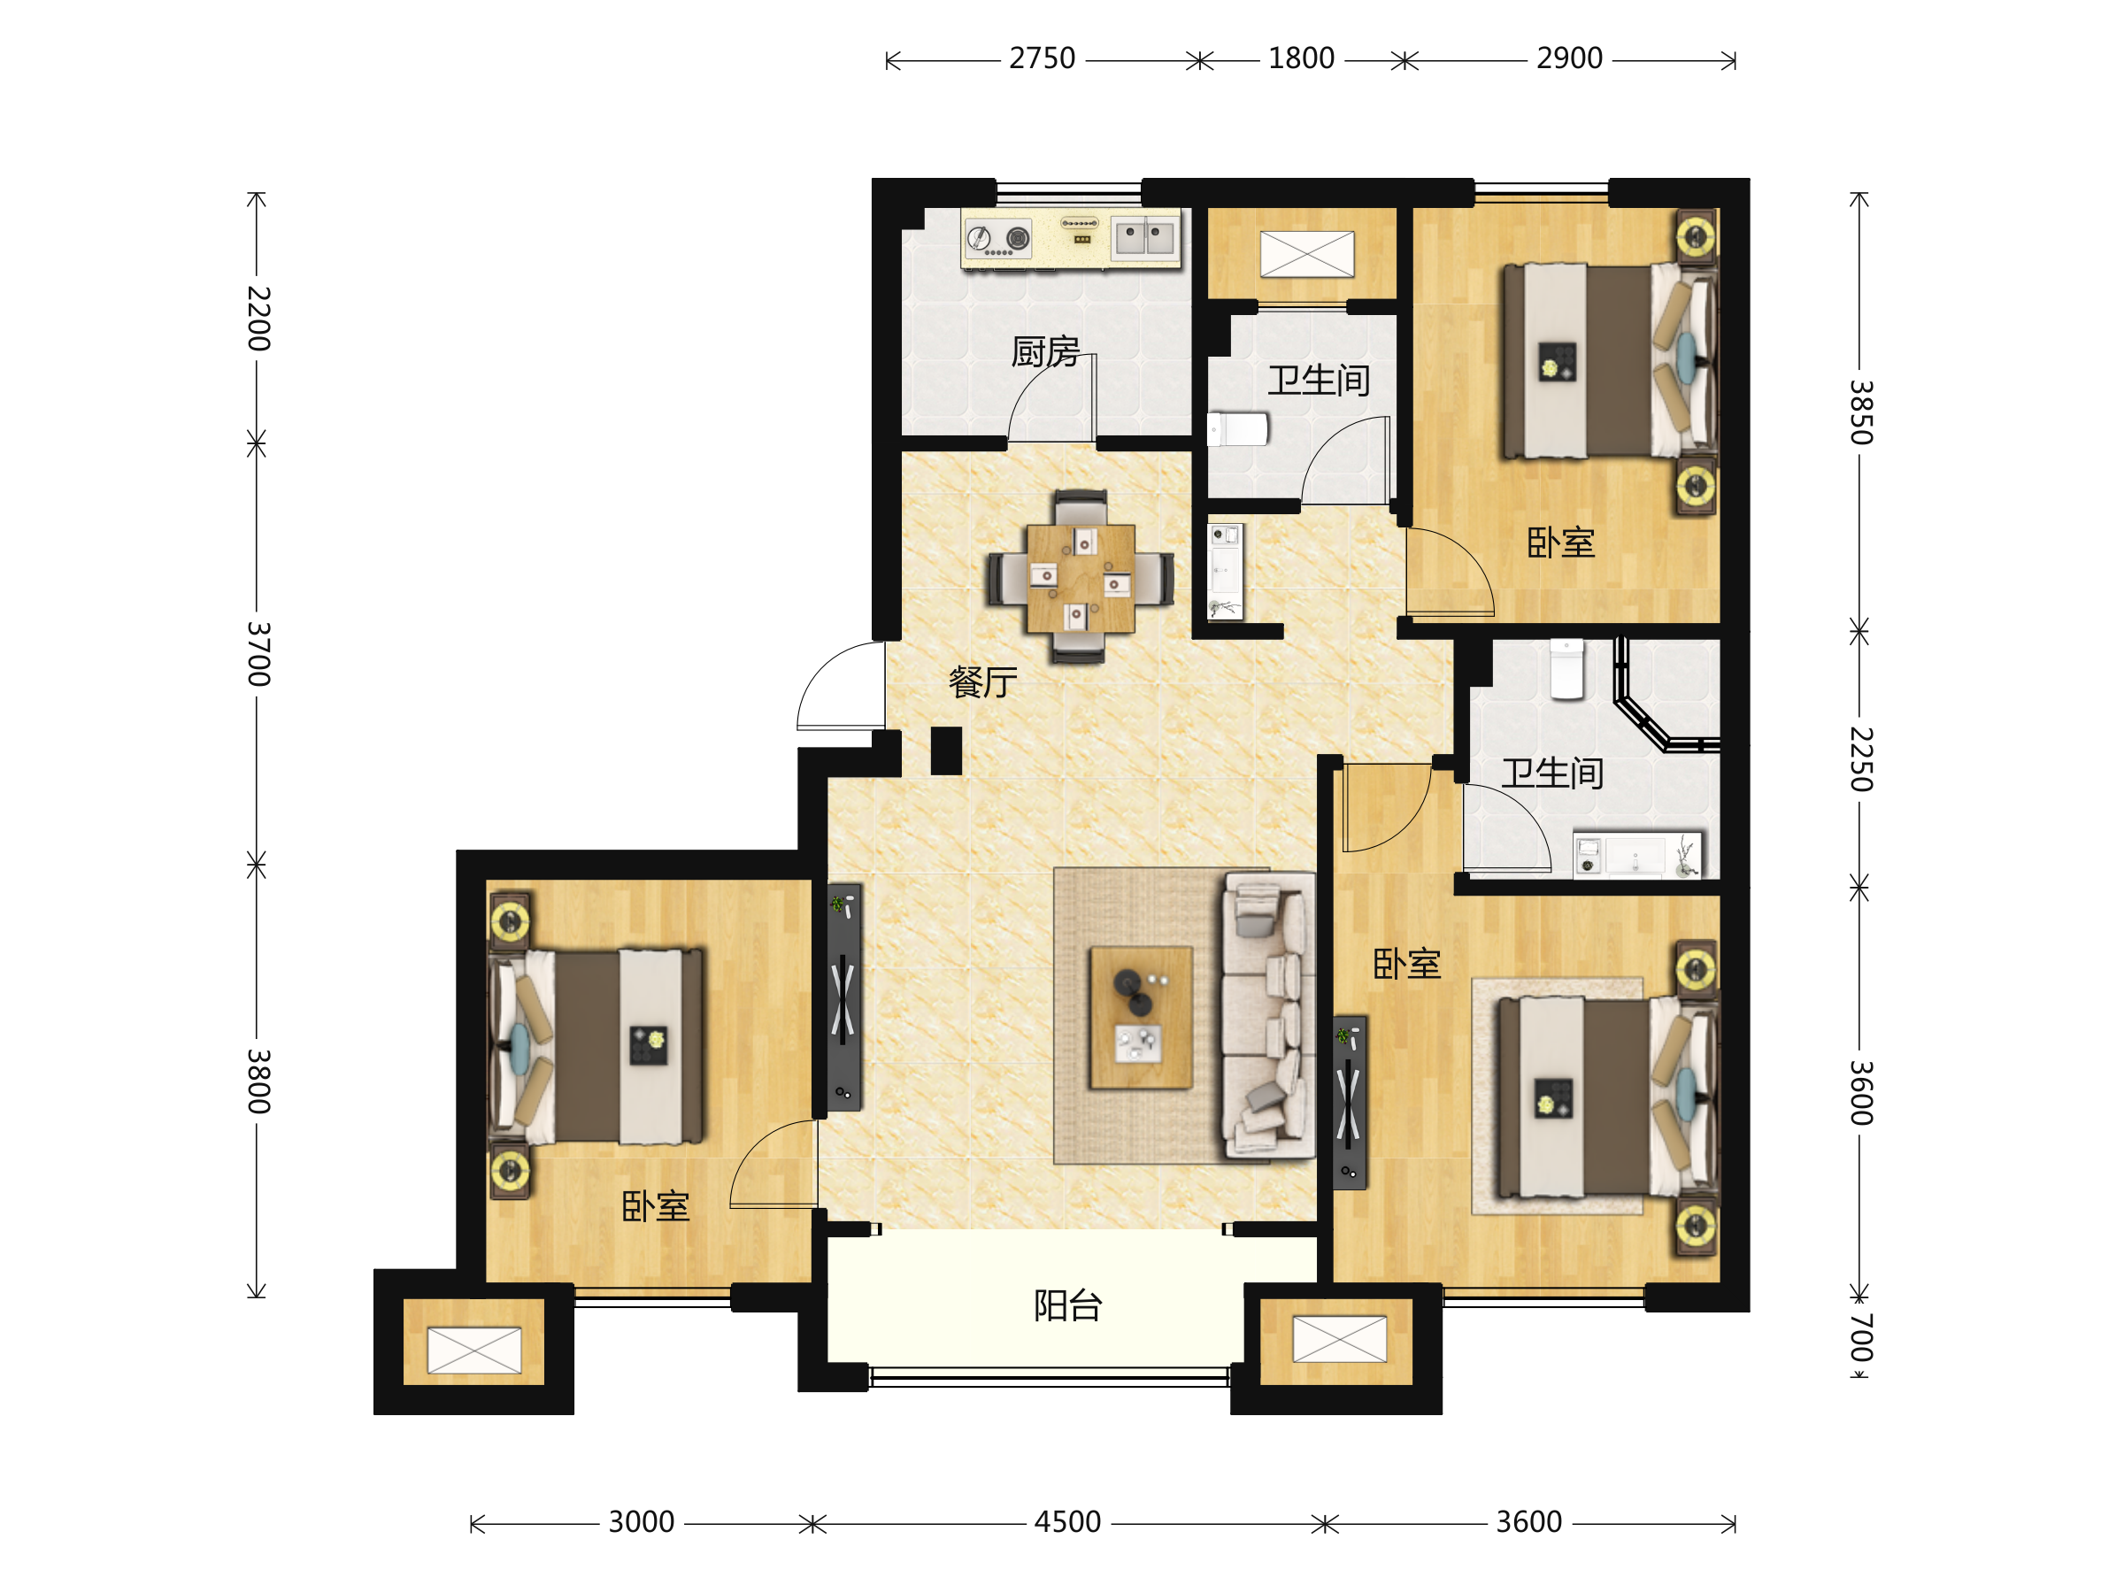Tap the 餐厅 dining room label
982,681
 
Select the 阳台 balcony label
1068,1306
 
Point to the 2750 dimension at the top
1042,58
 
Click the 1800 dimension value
1301,58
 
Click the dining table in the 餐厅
1081,578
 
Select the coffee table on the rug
1141,1018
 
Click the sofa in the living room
1267,1015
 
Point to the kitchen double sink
1144,237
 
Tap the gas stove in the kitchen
998,238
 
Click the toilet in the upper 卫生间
1238,429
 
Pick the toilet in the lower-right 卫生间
1567,669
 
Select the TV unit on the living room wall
844,997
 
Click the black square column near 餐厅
946,750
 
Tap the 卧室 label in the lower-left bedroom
655,1206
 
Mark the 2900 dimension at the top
1569,58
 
